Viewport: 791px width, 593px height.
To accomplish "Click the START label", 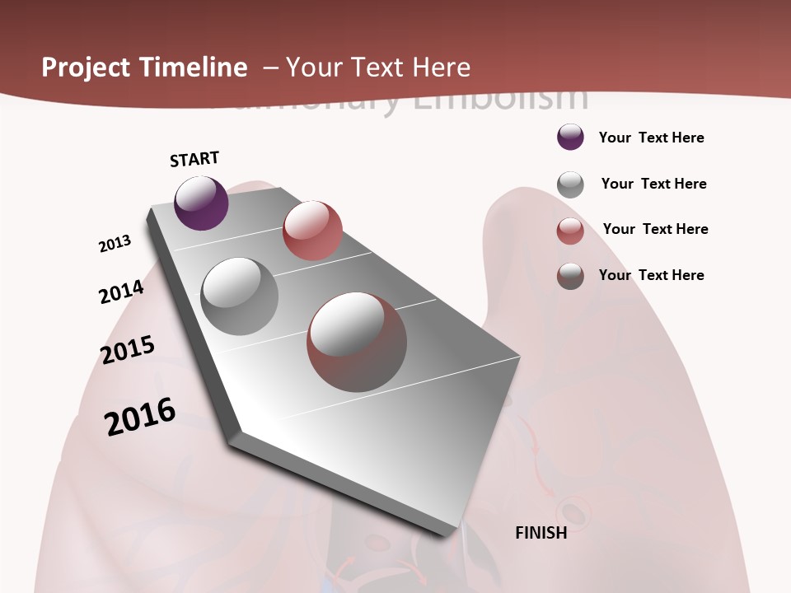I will pos(194,159).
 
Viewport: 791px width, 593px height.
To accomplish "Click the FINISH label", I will pos(541,533).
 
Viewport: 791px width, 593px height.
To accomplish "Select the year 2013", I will pos(115,244).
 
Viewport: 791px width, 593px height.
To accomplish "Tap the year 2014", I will pos(122,292).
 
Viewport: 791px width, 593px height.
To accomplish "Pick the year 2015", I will pos(128,349).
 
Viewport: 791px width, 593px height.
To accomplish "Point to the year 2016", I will pos(140,416).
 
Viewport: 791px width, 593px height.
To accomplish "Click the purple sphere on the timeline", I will pos(201,203).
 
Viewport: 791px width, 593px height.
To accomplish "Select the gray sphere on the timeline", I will pos(239,296).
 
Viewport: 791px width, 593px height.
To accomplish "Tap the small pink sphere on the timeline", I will pos(312,231).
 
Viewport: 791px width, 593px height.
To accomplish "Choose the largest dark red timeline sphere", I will pos(357,342).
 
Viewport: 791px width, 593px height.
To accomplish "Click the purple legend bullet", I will pos(570,137).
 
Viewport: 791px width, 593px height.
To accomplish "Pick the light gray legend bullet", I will pos(570,184).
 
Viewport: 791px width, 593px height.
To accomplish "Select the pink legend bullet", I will pos(570,231).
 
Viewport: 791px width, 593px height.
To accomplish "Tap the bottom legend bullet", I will pos(570,276).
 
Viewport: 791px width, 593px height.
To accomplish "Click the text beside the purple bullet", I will pos(651,138).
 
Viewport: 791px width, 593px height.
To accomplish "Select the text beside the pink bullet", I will pos(655,229).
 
